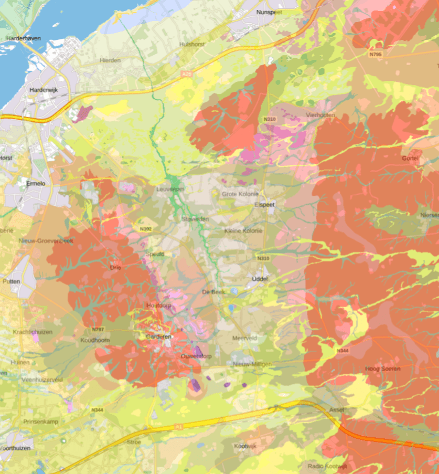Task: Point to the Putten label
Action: coord(11,281)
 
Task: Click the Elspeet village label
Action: coord(264,205)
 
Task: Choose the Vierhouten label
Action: coord(320,115)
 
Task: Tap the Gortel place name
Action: coord(410,158)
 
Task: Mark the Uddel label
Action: coord(260,279)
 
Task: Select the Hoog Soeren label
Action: coord(382,369)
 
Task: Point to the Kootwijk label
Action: coord(245,446)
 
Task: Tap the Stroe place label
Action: coord(134,442)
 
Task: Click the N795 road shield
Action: coord(375,54)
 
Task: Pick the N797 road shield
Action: coord(98,329)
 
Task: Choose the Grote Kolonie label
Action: coord(237,194)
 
